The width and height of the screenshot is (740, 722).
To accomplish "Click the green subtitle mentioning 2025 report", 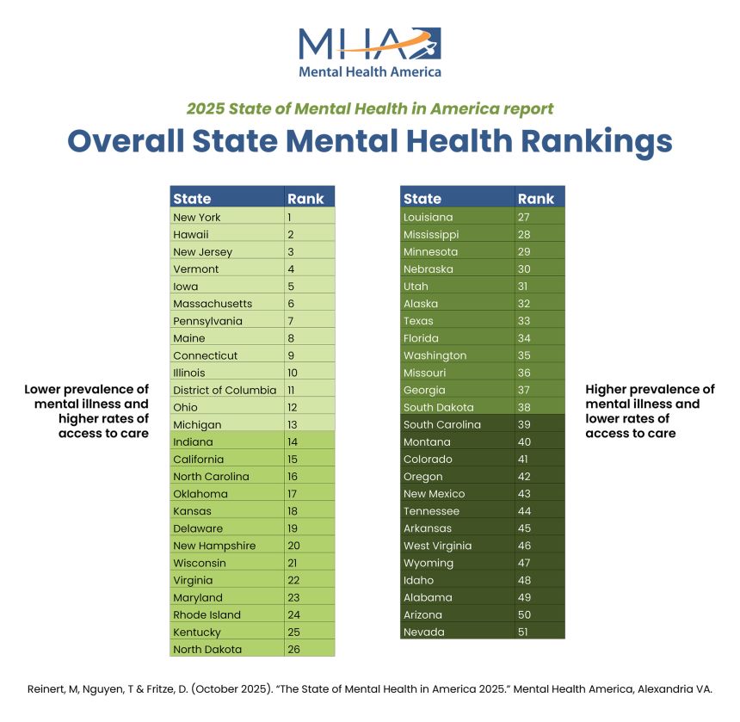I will [x=370, y=109].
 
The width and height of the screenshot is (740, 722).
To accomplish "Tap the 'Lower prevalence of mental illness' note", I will [x=86, y=411].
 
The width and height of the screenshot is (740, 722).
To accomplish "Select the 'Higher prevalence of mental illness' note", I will [x=650, y=411].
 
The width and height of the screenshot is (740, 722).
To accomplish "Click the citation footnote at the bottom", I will [x=370, y=689].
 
